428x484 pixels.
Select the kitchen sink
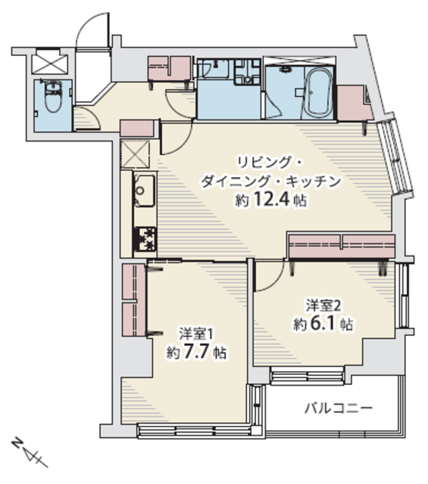pos(145,191)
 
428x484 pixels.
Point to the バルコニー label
pos(339,408)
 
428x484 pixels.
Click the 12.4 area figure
pos(272,199)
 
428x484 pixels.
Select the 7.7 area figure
pos(197,351)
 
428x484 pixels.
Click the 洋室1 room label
pos(197,334)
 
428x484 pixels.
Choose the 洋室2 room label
pos(323,306)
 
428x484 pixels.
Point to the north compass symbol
pos(29,452)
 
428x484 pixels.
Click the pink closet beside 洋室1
pos(134,299)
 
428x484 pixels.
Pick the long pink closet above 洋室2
pos(342,246)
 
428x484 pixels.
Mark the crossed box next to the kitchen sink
pos(135,154)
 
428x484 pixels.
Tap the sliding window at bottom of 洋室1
pos(194,430)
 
